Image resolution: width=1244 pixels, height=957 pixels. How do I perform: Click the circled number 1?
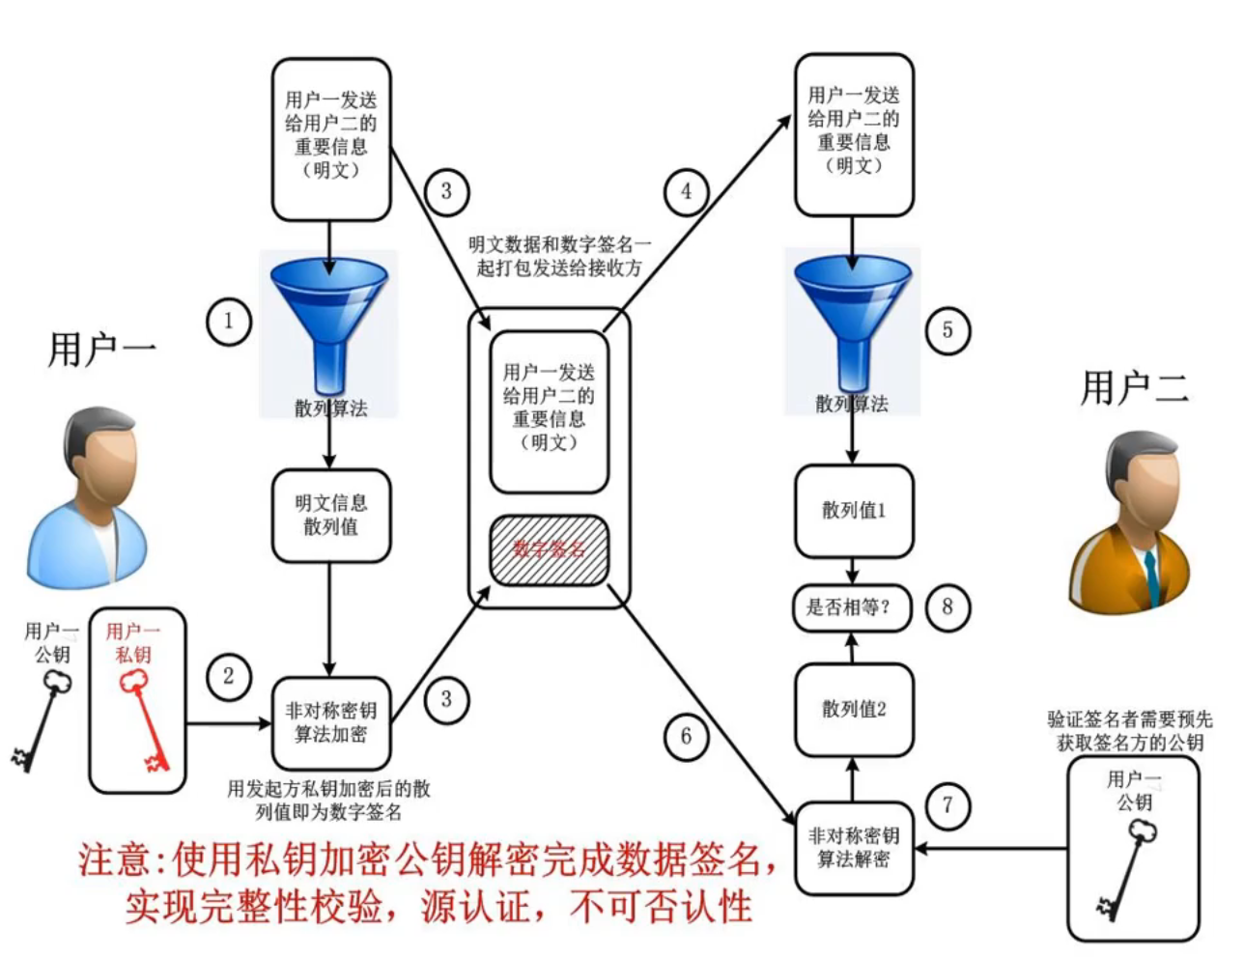pos(229,322)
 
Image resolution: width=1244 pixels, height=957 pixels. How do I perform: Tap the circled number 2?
pos(229,676)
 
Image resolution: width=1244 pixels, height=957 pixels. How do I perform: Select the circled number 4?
pos(686,191)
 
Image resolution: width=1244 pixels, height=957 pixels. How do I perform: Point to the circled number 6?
pos(686,737)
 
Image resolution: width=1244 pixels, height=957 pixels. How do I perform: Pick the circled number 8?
pos(947,606)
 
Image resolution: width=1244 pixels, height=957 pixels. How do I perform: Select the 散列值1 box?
pos(853,511)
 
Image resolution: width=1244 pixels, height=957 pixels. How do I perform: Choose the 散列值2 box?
pos(853,709)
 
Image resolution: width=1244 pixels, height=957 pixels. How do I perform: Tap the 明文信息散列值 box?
pos(331,515)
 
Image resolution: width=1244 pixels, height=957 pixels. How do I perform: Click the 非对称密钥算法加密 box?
pos(331,722)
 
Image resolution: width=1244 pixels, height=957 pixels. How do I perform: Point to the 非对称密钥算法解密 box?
pos(853,847)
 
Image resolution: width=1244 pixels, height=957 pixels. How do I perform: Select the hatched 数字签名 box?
pos(550,550)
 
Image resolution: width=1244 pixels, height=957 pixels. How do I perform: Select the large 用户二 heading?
pos(1134,388)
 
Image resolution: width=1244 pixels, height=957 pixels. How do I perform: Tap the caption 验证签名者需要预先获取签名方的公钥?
pos(1129,731)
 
